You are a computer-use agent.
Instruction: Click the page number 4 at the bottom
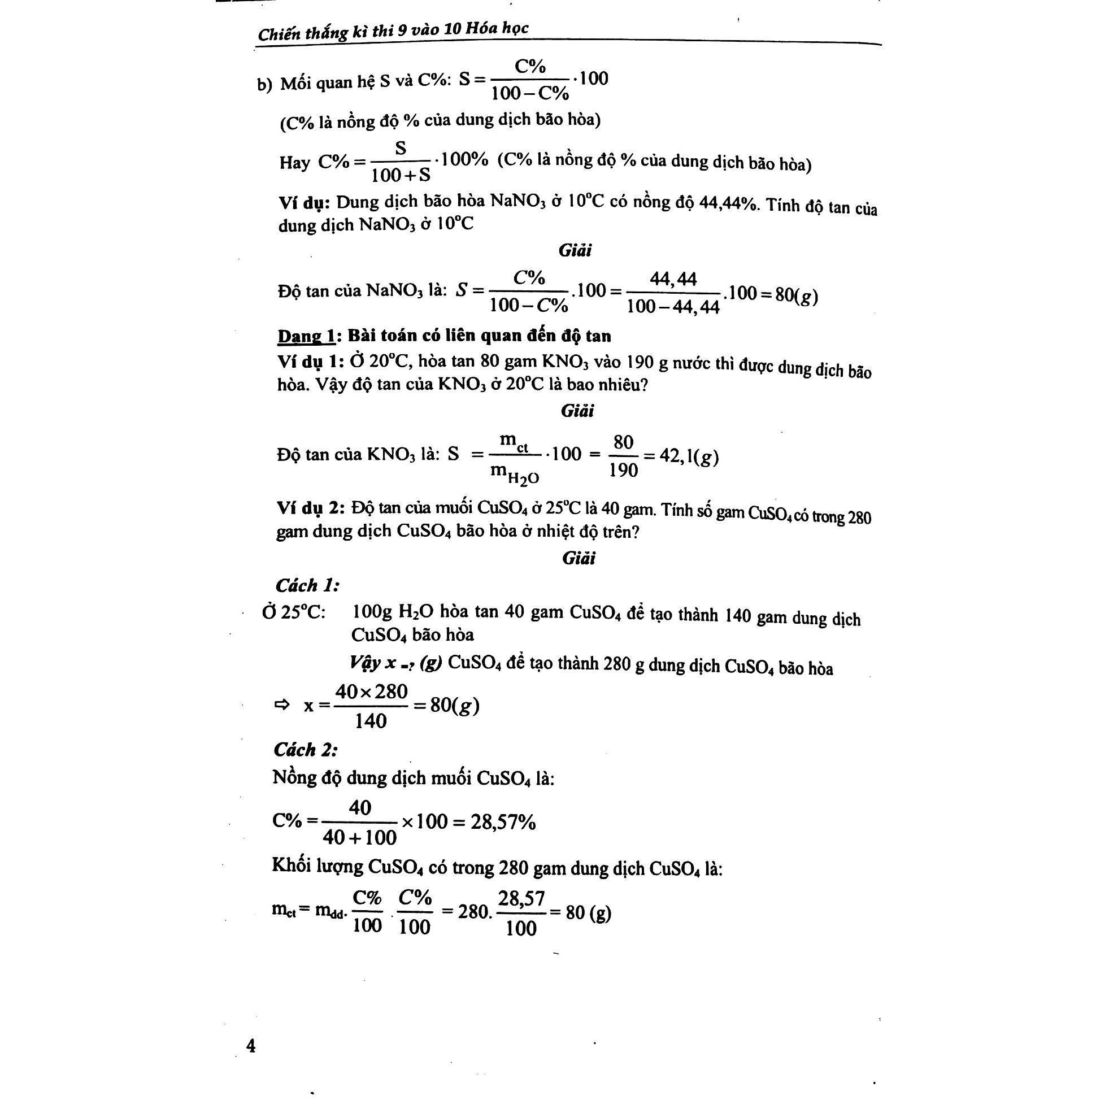[251, 1045]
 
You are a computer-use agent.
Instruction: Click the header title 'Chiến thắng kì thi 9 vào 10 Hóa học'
[393, 31]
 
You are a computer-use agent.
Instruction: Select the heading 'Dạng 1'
[306, 336]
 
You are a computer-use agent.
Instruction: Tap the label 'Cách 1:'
[307, 585]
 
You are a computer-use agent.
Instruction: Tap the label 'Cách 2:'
[306, 750]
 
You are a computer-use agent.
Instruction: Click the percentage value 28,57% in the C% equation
[503, 822]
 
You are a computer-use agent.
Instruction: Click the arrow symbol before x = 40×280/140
[282, 705]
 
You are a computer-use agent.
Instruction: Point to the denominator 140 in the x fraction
[370, 721]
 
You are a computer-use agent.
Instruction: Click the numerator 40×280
[371, 692]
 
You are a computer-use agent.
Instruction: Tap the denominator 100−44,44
[673, 307]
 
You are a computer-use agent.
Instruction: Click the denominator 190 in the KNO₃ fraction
[623, 471]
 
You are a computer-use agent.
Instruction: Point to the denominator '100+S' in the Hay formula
[401, 175]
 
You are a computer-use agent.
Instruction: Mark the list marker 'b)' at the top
[264, 85]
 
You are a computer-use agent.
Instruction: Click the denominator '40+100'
[359, 837]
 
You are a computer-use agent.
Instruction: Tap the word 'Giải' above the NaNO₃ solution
[575, 250]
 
